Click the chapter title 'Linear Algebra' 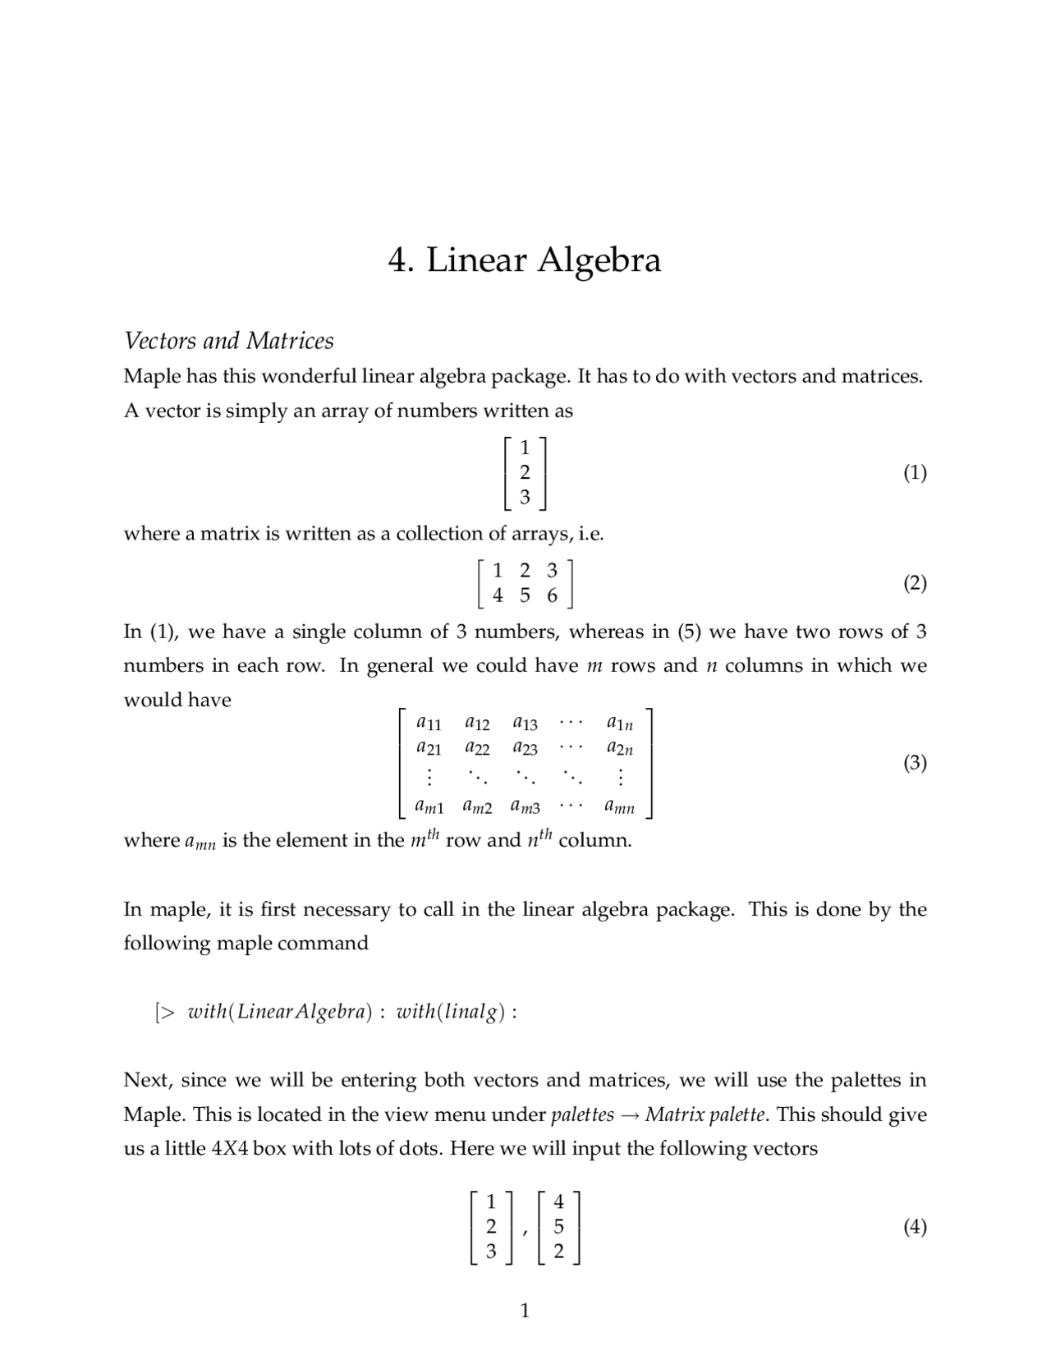(543, 260)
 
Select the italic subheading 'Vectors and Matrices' (228, 341)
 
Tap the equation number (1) (915, 472)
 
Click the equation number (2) (915, 583)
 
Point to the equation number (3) (915, 763)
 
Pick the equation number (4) (915, 1227)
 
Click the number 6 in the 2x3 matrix (552, 596)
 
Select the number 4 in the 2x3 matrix (498, 596)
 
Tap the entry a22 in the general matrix (477, 748)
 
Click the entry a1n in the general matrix (620, 724)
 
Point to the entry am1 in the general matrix (429, 807)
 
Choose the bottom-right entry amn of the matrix (620, 807)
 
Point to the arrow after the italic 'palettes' (629, 1115)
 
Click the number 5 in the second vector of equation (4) (559, 1227)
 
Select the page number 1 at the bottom (525, 1311)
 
